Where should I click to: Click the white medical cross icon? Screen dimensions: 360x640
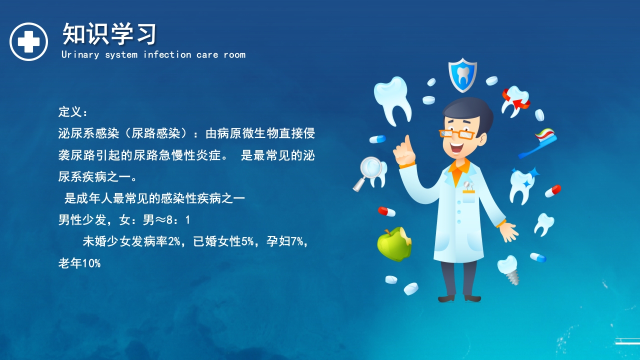[28, 42]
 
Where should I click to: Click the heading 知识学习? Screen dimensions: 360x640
[109, 34]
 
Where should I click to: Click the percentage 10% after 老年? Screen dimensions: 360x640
[91, 263]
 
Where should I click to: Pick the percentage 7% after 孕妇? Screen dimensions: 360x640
[296, 242]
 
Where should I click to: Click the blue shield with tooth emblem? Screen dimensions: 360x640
[462, 75]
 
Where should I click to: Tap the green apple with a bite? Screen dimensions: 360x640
[394, 244]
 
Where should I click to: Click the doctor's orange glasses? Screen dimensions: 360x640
[456, 133]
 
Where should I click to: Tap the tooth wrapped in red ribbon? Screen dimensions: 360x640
[515, 100]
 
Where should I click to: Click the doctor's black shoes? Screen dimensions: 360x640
[459, 298]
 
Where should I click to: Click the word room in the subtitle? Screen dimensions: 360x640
[234, 54]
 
